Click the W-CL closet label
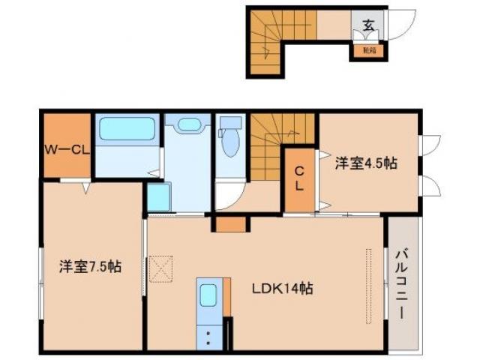[66, 148]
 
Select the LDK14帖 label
[282, 289]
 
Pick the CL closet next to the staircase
[298, 178]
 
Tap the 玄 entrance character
[368, 25]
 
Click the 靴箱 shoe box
[369, 51]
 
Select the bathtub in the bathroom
[127, 129]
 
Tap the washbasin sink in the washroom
[190, 125]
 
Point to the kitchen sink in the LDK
[208, 294]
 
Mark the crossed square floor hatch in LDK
[160, 267]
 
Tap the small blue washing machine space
[157, 196]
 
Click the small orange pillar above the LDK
[230, 223]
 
